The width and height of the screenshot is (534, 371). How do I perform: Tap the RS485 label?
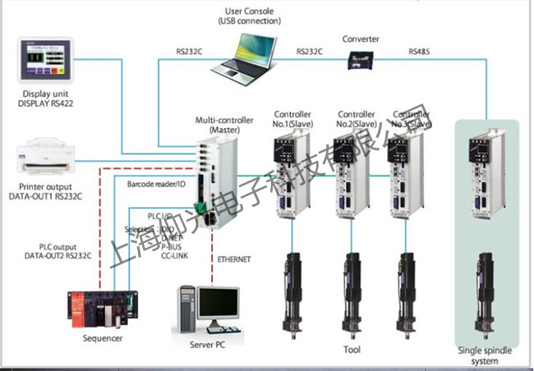coord(421,53)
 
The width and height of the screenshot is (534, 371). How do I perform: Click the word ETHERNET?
coord(235,259)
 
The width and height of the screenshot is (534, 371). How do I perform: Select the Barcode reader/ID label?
coord(157,185)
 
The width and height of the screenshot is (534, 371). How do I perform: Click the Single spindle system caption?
coord(485,355)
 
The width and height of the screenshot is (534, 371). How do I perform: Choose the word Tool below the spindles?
coord(352,350)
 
